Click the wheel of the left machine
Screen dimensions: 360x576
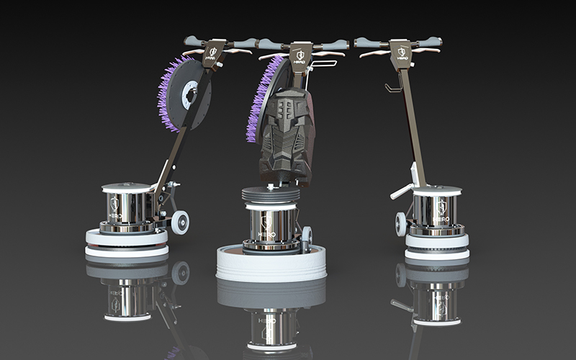179,222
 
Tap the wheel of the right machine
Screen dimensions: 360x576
401,224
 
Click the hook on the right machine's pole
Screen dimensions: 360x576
393,88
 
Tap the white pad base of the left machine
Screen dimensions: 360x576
127,242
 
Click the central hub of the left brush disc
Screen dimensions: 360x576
190,95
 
